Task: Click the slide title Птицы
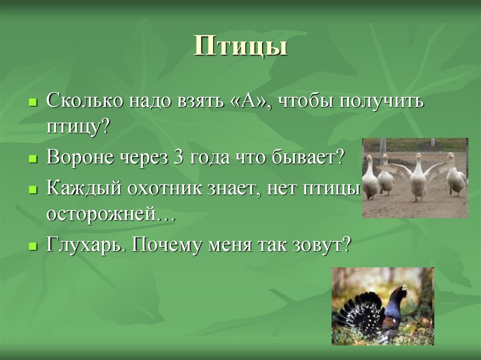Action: tap(240, 47)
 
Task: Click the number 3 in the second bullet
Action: tap(178, 157)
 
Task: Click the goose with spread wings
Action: tap(418, 176)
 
